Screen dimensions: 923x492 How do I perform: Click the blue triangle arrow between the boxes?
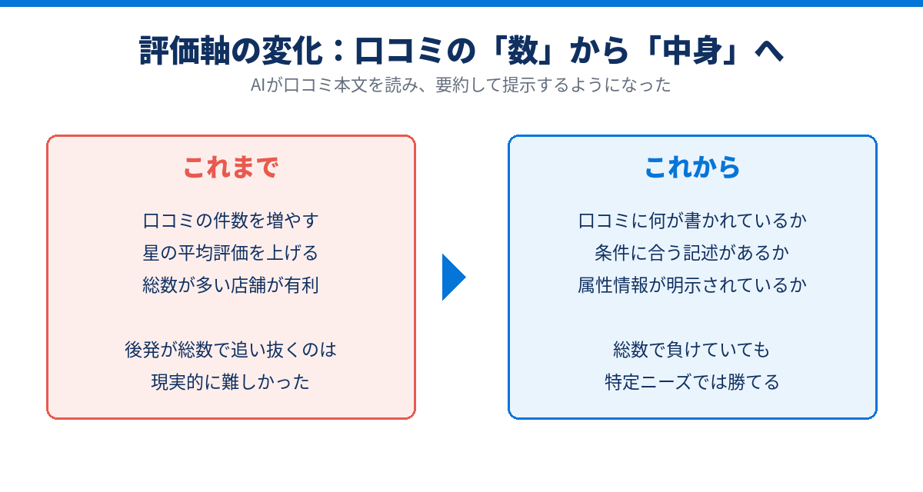[454, 277]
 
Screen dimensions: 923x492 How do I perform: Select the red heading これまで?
[231, 168]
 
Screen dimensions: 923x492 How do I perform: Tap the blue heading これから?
[692, 168]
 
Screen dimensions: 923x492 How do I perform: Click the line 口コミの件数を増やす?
[231, 221]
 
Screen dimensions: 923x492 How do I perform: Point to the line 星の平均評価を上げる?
[231, 253]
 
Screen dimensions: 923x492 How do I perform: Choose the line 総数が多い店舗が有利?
[231, 285]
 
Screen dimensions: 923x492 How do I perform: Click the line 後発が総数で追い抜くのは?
[231, 350]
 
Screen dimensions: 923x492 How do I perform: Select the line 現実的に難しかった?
[231, 382]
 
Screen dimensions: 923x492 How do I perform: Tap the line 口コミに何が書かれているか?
[692, 221]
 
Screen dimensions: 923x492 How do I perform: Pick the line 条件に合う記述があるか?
[692, 253]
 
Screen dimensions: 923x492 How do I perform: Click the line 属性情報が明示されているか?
[692, 285]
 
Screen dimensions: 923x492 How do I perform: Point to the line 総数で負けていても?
[692, 350]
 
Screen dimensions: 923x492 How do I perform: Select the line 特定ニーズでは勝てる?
[692, 382]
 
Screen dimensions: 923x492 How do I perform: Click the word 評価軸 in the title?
[184, 51]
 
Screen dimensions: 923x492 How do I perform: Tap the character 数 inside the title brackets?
[523, 51]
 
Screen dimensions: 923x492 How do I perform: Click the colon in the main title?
[338, 51]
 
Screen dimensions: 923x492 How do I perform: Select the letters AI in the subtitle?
[258, 85]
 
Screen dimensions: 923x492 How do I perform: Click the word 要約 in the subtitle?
[452, 85]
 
